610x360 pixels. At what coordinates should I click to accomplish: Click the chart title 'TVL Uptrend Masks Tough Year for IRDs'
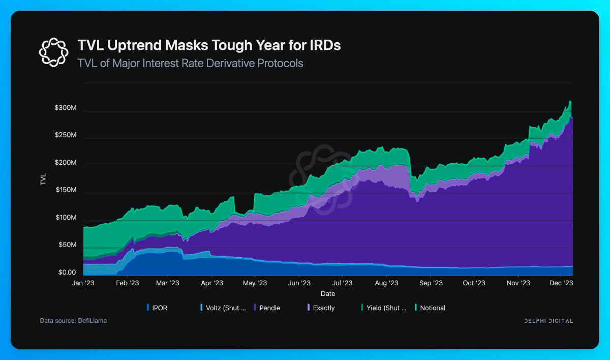[209, 45]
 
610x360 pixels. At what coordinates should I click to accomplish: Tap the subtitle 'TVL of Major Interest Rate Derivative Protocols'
[190, 63]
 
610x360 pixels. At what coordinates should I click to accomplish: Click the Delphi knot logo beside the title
[54, 52]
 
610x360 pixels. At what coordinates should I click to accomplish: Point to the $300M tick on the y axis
[66, 108]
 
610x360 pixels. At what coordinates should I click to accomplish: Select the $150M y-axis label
[66, 190]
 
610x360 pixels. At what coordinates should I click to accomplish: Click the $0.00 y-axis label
[67, 273]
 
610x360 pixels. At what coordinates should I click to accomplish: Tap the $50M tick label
[68, 245]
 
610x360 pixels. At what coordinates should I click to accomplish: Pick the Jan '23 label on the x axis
[83, 283]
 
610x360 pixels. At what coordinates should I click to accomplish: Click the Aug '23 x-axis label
[386, 283]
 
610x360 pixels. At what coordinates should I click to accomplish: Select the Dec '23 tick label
[561, 283]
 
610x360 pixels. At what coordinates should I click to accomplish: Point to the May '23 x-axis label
[255, 283]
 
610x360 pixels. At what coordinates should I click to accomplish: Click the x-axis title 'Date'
[328, 293]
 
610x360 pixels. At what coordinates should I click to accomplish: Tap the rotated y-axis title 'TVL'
[43, 179]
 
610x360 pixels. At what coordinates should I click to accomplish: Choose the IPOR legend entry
[157, 308]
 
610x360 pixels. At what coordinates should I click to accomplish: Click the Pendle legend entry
[267, 308]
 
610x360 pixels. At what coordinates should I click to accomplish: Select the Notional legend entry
[430, 308]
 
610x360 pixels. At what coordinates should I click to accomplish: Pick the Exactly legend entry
[321, 308]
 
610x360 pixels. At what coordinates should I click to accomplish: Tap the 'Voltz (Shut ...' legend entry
[223, 308]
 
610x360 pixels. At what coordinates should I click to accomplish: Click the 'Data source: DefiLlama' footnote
[73, 320]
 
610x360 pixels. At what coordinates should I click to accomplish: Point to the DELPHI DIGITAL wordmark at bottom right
[548, 321]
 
